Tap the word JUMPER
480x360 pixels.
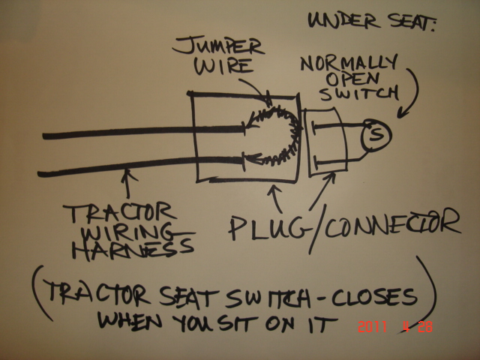218,46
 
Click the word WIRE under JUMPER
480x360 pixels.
224,67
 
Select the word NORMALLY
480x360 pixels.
349,63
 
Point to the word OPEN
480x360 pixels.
352,79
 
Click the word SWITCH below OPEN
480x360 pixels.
359,93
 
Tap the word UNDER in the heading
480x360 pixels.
342,21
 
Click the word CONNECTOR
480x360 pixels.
392,223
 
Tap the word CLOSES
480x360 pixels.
374,297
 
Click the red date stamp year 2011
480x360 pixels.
372,327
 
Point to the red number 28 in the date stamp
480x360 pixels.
425,327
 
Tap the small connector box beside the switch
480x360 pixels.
326,142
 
